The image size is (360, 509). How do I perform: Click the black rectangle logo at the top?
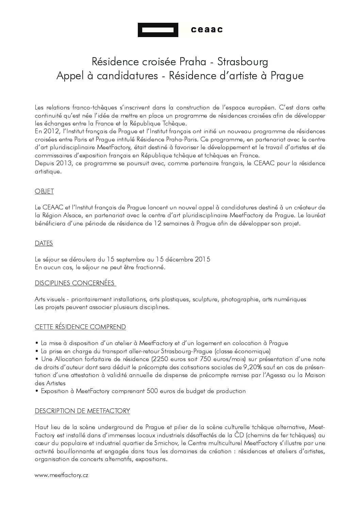158,30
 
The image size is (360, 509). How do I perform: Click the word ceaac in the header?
207,30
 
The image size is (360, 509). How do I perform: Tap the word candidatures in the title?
127,75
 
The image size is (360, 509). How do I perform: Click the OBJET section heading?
44,191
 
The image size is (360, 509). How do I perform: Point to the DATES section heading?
44,243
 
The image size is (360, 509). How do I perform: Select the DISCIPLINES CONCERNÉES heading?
75,283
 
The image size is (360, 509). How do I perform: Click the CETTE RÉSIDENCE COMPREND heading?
80,327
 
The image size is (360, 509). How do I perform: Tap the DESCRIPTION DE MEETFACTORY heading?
82,411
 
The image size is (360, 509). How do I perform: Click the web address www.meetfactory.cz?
62,475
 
